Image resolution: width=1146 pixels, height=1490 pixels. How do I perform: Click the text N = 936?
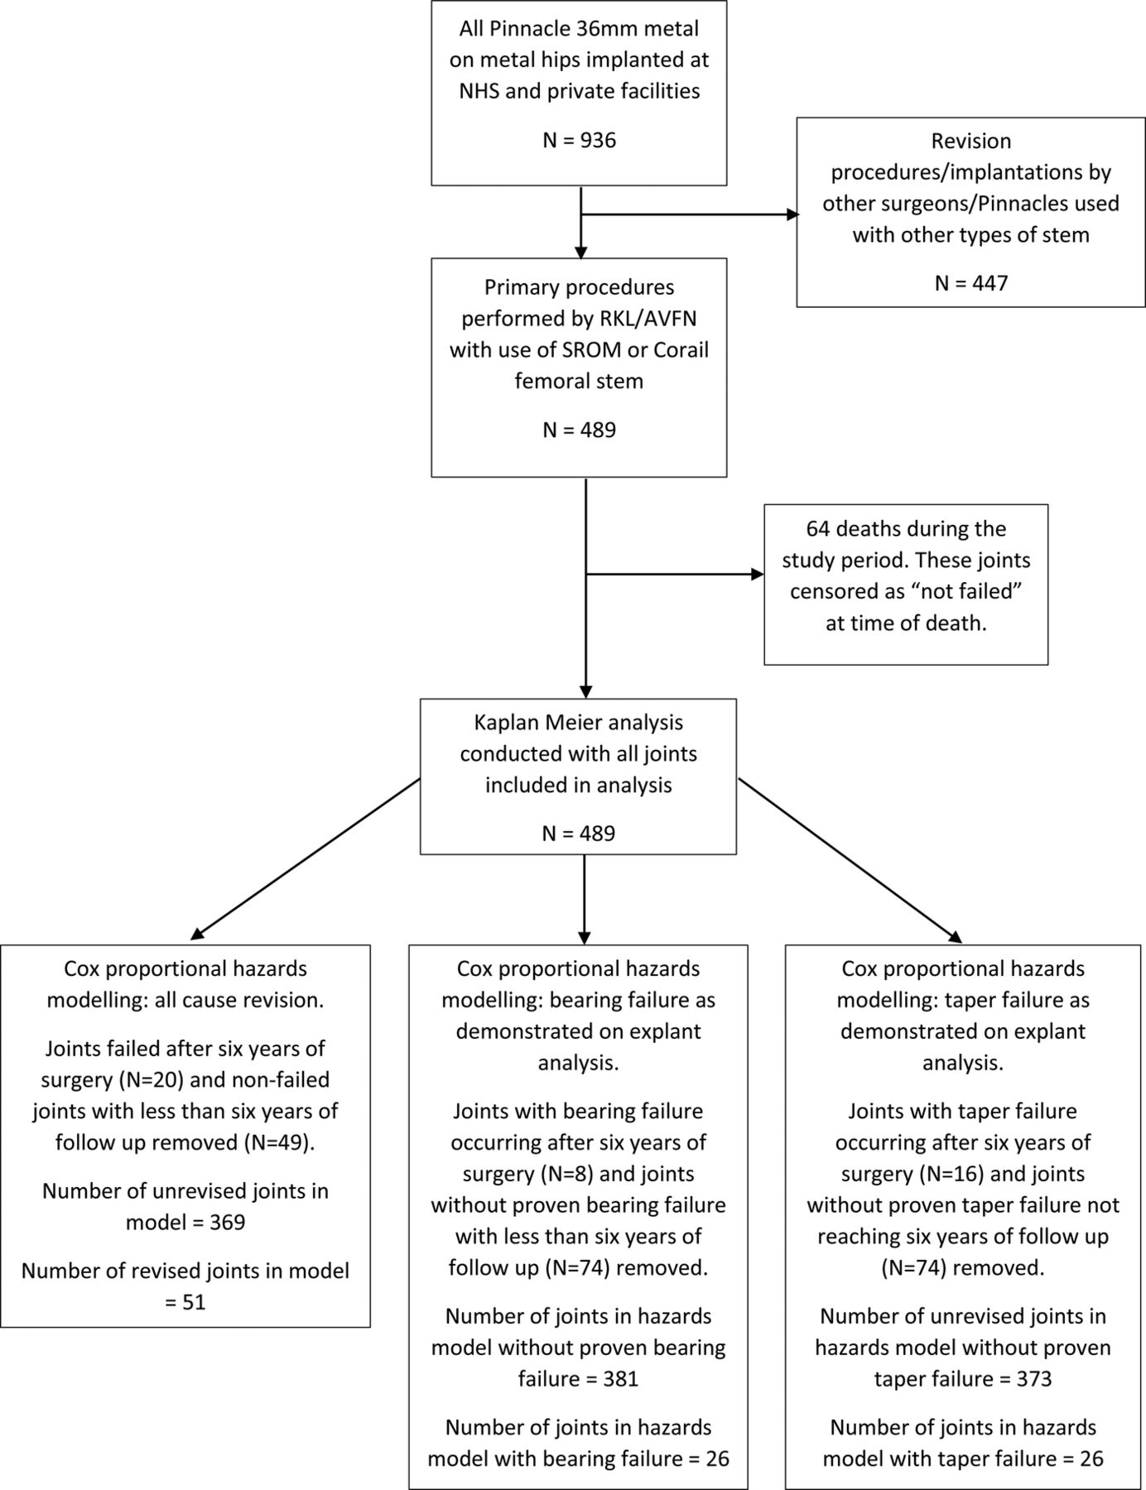tap(579, 140)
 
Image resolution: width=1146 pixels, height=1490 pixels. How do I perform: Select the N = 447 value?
tap(971, 283)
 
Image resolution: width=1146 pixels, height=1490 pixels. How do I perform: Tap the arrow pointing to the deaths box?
tap(675, 574)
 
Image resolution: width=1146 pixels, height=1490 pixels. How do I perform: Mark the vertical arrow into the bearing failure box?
tap(585, 899)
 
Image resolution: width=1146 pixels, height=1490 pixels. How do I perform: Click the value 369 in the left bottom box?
tap(228, 1222)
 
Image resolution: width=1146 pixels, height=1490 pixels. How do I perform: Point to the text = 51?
tap(185, 1302)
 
